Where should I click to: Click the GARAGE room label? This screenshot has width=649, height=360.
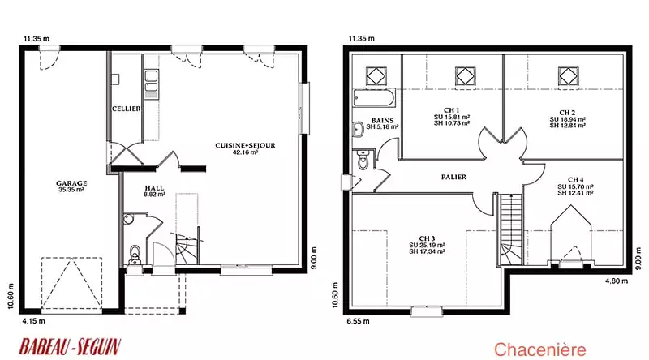coord(71,183)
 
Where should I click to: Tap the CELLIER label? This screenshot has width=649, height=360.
coord(127,109)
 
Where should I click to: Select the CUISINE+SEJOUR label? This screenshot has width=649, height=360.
coord(245,146)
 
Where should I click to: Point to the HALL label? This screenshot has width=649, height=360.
coord(154,188)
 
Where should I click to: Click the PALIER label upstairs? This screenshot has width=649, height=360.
coord(453,177)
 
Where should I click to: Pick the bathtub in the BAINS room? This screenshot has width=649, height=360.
coord(374,97)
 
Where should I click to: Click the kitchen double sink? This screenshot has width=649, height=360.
coord(151,81)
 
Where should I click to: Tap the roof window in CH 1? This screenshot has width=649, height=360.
coord(465,76)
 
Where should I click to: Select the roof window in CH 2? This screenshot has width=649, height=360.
coord(569,76)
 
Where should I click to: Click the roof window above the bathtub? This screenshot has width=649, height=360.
coord(376,76)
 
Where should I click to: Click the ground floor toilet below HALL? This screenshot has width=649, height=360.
coord(135,254)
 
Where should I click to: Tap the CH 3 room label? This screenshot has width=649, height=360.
coord(427,238)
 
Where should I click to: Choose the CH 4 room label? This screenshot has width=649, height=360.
coord(576,180)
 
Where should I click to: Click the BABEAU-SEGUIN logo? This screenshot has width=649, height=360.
coord(70,347)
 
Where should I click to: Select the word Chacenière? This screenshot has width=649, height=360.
coord(539,349)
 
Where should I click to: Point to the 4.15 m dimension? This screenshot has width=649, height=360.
coord(33,321)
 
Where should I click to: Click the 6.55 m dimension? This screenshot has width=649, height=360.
coord(358,321)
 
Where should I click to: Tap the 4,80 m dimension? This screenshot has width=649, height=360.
coord(617,281)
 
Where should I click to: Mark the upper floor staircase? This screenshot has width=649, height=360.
coord(509,229)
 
